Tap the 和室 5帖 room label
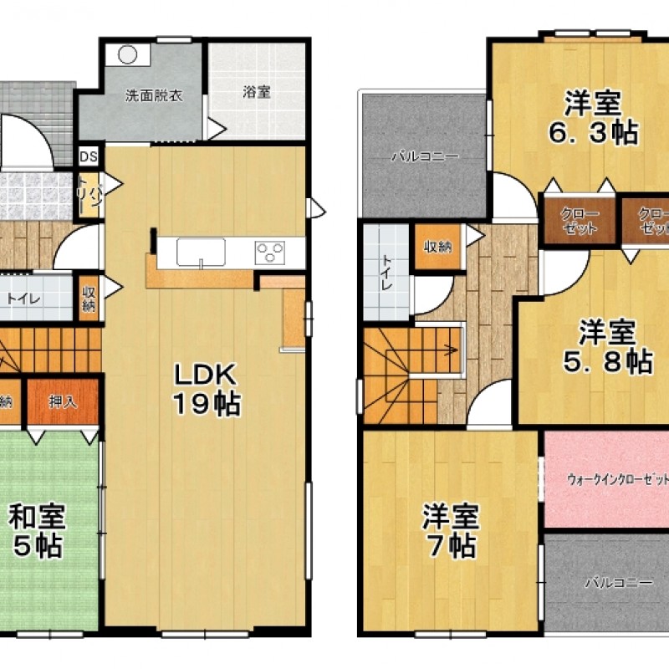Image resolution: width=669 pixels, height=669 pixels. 38,531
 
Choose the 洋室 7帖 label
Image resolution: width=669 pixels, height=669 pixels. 450,530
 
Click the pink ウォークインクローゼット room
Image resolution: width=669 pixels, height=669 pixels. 606,480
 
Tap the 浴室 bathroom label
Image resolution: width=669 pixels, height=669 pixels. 257,93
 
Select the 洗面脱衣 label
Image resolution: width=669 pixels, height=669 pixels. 154,94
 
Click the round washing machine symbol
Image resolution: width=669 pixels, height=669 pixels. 128,54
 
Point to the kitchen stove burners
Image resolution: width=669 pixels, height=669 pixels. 270,251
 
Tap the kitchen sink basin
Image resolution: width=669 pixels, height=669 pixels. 202,251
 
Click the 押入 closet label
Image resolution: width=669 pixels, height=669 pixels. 63,402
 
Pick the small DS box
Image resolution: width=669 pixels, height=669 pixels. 88,156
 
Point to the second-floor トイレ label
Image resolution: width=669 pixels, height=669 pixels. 387,272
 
